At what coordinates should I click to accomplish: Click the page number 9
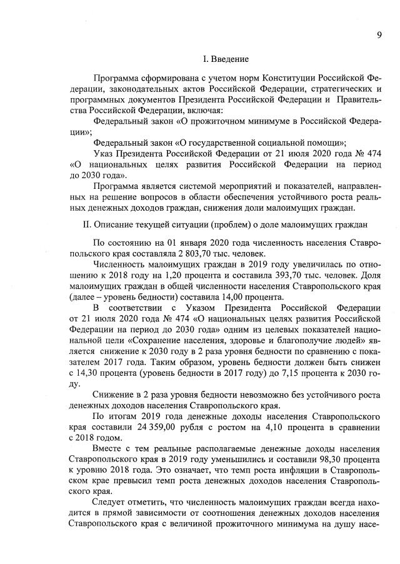pos(379,34)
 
